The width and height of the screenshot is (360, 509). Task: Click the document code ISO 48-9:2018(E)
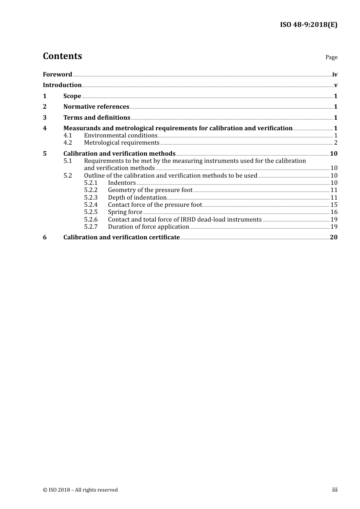coord(308,25)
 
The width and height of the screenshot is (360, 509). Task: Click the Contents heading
coord(62,56)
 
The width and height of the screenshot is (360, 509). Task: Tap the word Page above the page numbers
coord(331,57)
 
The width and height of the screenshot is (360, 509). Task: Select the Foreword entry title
coord(57,74)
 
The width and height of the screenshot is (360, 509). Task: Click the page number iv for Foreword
coord(335,75)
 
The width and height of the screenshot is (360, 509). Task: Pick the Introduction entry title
coord(62,85)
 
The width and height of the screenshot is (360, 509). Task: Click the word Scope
coord(72,96)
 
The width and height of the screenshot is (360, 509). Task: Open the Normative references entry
coord(96,106)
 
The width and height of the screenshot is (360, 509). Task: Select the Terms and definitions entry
coord(97,117)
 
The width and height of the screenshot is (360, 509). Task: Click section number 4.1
coord(67,135)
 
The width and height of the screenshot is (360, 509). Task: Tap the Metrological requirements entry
coord(122,143)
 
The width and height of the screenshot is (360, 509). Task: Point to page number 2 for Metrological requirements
coord(335,143)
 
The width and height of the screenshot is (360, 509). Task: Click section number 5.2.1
coord(91,183)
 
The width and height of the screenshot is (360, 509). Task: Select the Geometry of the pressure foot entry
coord(150,190)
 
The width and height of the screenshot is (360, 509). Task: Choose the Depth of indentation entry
coord(137,197)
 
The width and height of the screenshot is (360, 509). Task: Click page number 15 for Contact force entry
coord(334,205)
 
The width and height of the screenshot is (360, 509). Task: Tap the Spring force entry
coord(125,212)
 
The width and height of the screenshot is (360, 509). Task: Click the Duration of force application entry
coord(149,227)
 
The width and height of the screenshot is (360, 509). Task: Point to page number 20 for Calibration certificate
coord(333,237)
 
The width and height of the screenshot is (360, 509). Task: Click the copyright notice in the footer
coord(80,490)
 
